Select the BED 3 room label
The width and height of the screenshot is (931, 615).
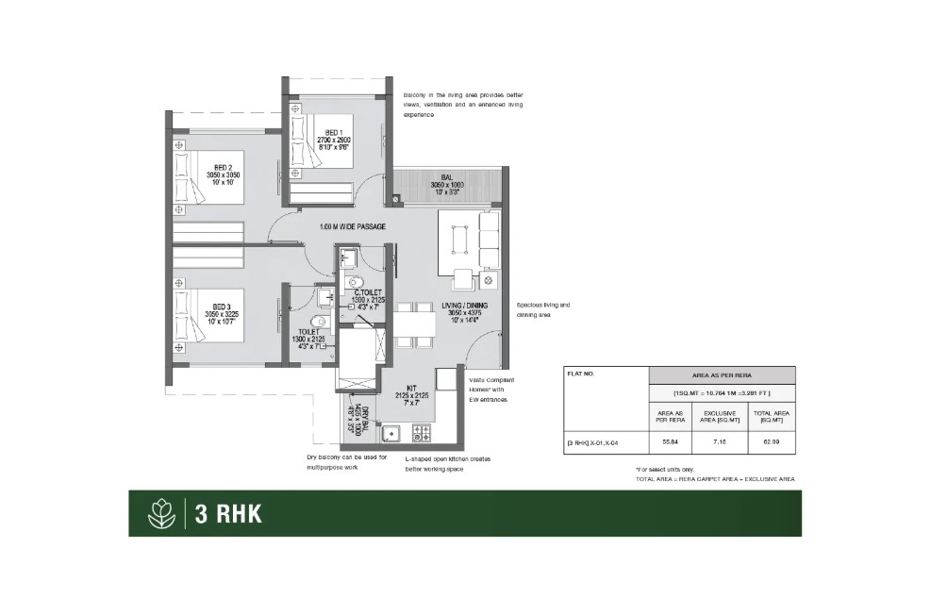(222, 307)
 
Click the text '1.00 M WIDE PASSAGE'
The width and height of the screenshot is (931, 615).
(354, 227)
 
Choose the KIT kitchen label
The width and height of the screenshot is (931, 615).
(411, 388)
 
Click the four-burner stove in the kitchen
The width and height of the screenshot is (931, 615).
(421, 434)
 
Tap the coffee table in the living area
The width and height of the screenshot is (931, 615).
(462, 240)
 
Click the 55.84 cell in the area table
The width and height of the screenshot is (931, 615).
(671, 440)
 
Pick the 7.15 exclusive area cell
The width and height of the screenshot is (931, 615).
(720, 440)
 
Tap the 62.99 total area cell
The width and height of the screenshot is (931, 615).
(771, 440)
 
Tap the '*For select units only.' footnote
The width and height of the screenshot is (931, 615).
(667, 470)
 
